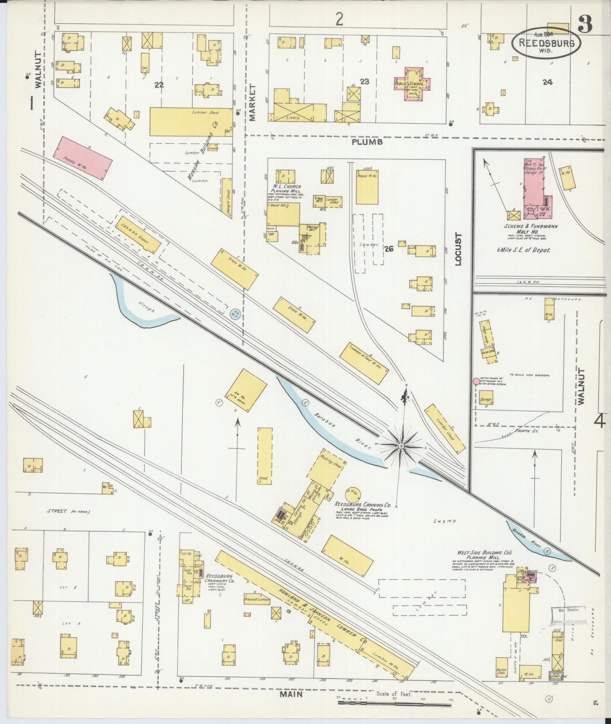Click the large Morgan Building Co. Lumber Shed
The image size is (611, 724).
(x=192, y=121)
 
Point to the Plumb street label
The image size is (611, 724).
(x=367, y=143)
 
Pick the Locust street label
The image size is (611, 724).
(x=458, y=249)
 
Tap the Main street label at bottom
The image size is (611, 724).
(x=290, y=694)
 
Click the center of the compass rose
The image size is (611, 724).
(x=400, y=445)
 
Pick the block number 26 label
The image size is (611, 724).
(x=389, y=249)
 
